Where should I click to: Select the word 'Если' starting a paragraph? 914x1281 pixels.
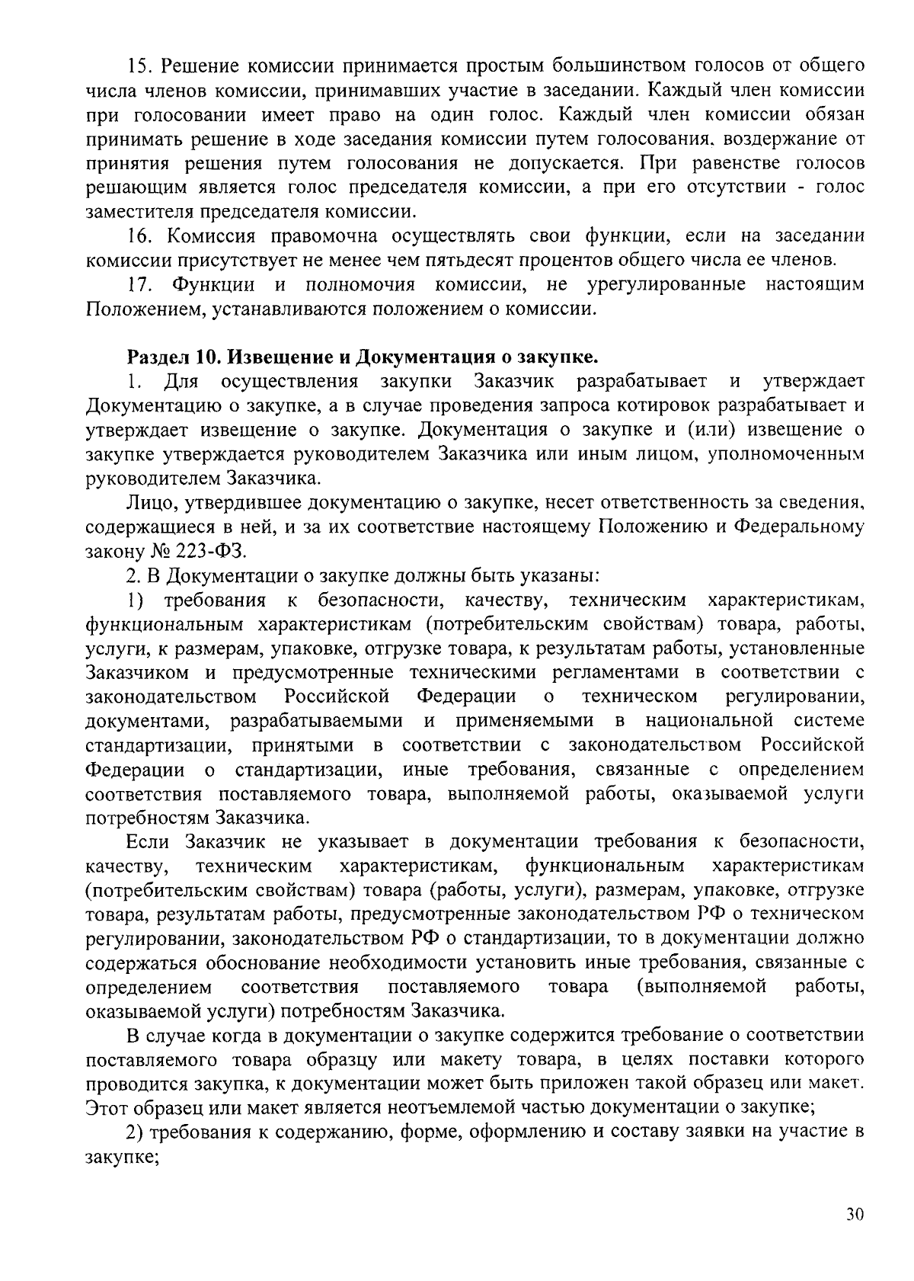147,841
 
